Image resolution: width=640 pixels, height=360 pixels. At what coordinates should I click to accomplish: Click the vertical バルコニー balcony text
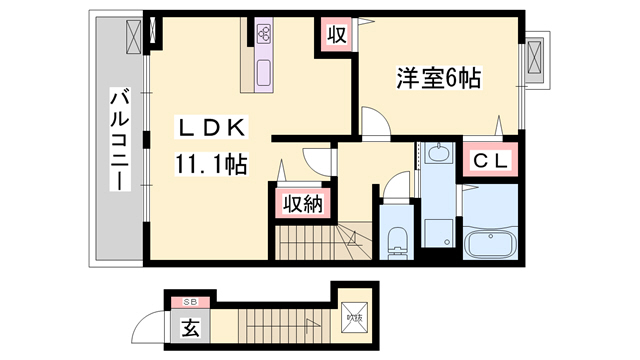[118, 141]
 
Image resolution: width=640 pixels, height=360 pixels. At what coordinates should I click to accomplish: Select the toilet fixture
[397, 238]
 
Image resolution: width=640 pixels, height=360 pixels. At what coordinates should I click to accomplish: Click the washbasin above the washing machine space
[437, 155]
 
